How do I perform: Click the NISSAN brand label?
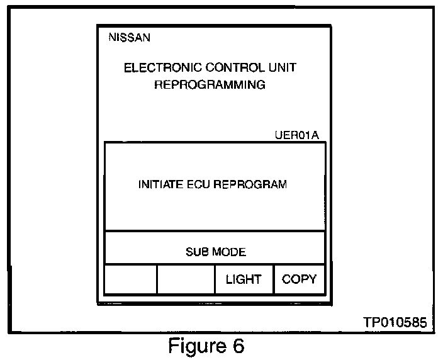pos(129,37)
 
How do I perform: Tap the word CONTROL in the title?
pos(225,67)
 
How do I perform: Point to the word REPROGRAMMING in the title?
pos(210,84)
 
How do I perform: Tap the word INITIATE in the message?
pos(159,185)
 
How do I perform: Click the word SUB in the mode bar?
pos(196,252)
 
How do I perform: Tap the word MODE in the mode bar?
pos(228,252)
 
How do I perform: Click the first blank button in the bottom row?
pos(130,279)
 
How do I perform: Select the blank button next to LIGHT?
pos(186,279)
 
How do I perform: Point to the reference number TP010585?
pos(395,322)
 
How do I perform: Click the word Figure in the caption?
pos(193,346)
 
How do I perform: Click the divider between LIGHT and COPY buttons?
pos(273,279)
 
